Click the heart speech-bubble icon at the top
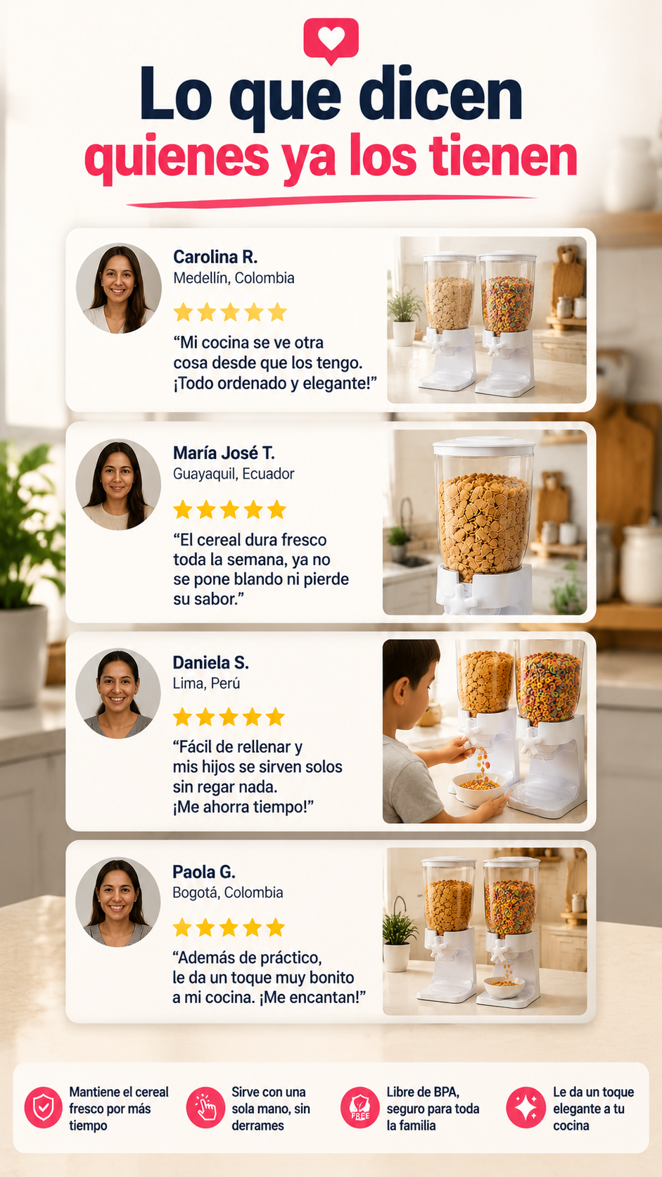[x=331, y=40]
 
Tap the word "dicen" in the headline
[x=440, y=95]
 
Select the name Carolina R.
[x=215, y=257]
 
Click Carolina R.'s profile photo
[x=119, y=288]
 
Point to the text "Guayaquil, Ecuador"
[x=234, y=474]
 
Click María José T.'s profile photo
[x=118, y=484]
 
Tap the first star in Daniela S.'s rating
[x=182, y=717]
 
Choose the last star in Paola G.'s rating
[x=275, y=927]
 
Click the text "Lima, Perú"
[x=206, y=684]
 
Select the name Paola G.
[x=204, y=872]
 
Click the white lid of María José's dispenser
[x=484, y=446]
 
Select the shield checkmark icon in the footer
[x=43, y=1107]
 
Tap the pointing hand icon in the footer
[x=205, y=1107]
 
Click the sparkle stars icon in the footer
[x=526, y=1107]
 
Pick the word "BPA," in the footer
[x=441, y=1092]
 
